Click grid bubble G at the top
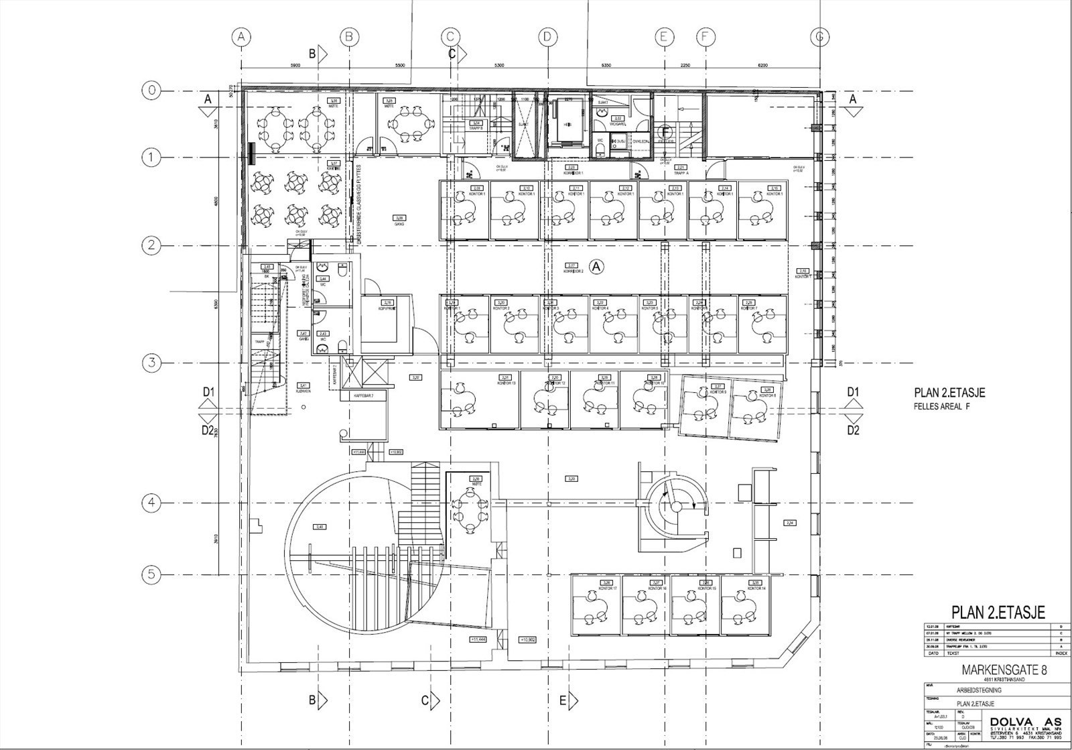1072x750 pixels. coord(819,38)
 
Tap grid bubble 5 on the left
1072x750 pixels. coord(151,574)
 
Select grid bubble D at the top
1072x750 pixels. coord(547,38)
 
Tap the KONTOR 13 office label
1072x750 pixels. coord(507,382)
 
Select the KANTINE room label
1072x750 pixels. coord(332,168)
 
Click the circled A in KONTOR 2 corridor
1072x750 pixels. coord(598,267)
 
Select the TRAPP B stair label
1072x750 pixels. coord(476,127)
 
